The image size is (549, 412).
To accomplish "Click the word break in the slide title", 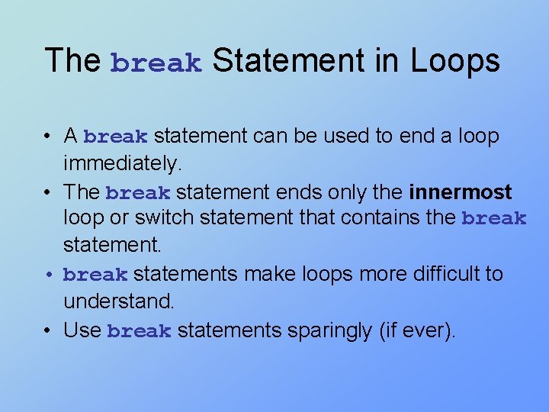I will [156, 63].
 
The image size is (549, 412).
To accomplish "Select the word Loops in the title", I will [455, 61].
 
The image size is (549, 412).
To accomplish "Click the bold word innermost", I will [461, 192].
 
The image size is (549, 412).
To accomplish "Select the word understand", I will [118, 301].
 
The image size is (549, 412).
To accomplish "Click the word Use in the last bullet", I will [82, 330].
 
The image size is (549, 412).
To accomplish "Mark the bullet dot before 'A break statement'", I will [48, 137].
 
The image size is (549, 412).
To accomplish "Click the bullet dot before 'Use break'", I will [48, 330].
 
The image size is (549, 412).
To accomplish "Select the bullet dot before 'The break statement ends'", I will [48, 192].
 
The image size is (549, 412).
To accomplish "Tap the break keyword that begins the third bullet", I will [95, 275].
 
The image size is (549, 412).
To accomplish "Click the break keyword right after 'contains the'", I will [494, 220].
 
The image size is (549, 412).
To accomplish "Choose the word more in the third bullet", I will [324, 273].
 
